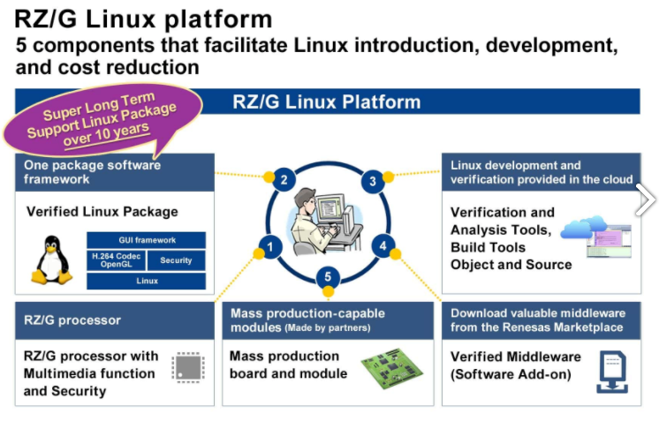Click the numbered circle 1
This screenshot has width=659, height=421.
(270, 247)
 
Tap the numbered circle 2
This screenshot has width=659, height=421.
(284, 180)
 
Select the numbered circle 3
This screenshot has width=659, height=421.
(373, 181)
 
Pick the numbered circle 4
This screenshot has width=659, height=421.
(383, 246)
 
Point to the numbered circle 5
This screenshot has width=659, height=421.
(328, 277)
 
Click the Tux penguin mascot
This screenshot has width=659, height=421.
(52, 259)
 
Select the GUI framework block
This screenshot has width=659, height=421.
(147, 240)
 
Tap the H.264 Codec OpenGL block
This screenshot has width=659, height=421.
(117, 260)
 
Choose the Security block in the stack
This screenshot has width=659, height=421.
(176, 260)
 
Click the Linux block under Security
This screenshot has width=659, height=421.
(147, 281)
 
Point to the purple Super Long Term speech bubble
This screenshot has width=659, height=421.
(102, 119)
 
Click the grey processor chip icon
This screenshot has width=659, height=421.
(188, 367)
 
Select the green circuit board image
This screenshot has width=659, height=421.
(391, 368)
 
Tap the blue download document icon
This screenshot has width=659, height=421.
(612, 372)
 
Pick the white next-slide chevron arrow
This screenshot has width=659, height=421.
(646, 199)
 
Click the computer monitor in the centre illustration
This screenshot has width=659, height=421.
(330, 207)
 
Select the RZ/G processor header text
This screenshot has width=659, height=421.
(72, 320)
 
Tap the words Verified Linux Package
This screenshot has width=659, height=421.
(102, 212)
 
